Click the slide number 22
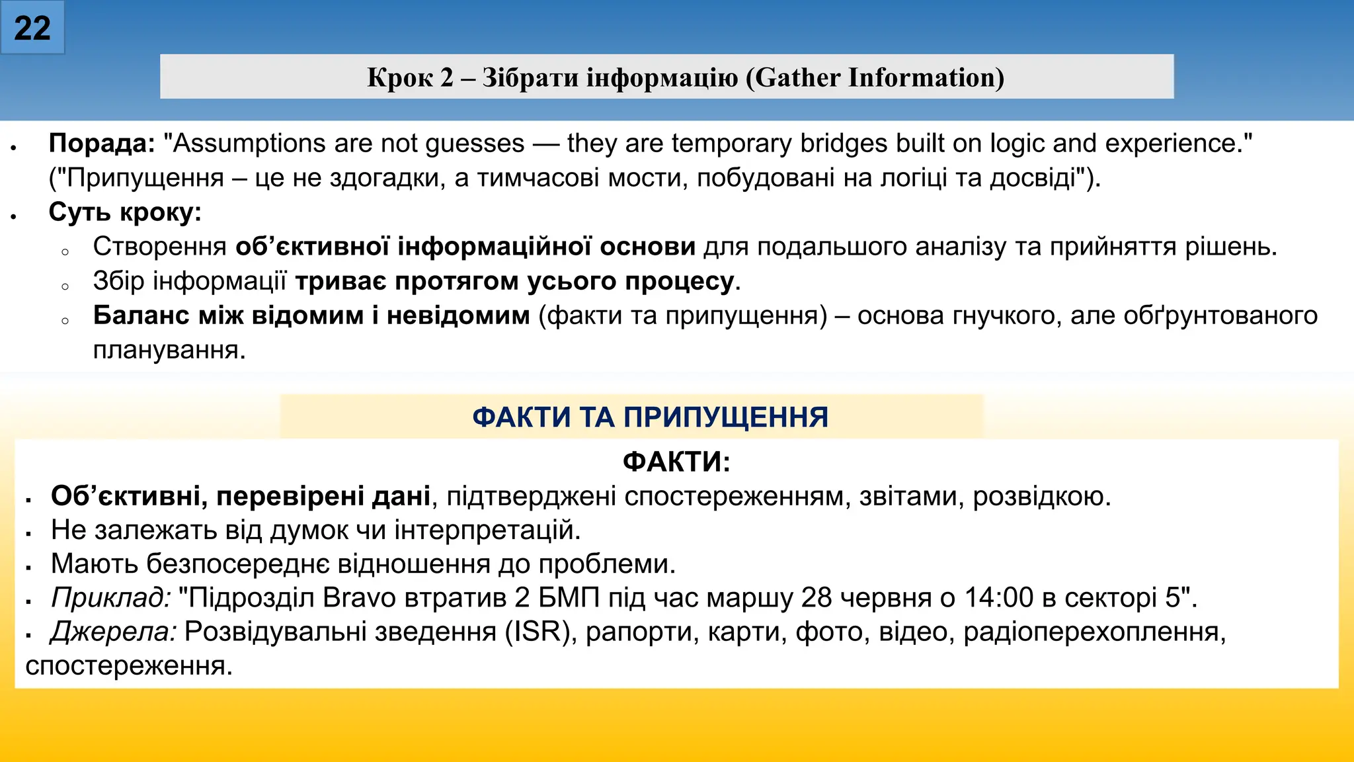[32, 28]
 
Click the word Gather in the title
[796, 77]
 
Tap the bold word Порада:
[102, 143]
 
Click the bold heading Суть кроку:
[125, 212]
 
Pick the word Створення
[159, 246]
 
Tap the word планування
[169, 349]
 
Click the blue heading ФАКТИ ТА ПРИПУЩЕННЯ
[650, 417]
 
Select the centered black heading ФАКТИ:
[676, 461]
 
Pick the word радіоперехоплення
[1094, 631]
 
